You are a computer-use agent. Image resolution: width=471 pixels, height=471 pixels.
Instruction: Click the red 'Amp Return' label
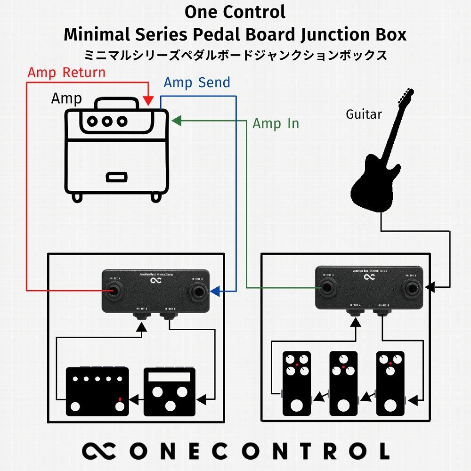coord(66,73)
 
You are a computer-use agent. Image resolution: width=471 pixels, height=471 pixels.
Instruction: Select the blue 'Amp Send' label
coord(197,83)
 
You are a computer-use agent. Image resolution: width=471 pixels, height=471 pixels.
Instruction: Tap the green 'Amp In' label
coord(276,123)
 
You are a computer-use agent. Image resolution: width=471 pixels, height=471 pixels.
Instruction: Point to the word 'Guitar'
coord(364,114)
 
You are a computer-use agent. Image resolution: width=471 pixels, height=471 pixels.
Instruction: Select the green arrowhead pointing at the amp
coord(176,121)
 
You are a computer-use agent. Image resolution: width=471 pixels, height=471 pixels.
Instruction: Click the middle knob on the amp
coord(107,121)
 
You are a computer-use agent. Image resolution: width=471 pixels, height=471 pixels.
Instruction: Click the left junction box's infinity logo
coord(155,282)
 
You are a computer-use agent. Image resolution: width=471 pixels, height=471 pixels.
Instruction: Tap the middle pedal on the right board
coord(343,383)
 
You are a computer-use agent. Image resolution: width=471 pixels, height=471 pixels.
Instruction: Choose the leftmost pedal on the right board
coord(296,383)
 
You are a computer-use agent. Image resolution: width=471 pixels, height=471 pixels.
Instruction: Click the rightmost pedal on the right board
coord(390,383)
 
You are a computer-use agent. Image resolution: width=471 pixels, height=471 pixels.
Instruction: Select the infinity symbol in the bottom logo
coord(98,451)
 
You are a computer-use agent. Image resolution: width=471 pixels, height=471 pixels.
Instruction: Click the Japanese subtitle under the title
coord(235,55)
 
